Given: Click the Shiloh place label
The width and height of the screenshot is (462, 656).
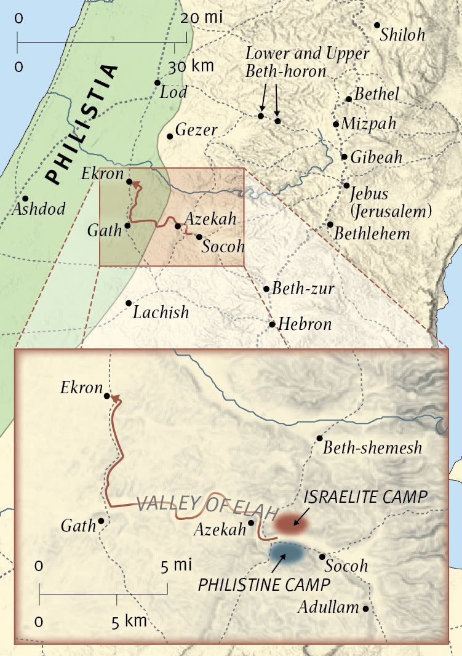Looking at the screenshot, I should click(x=402, y=34).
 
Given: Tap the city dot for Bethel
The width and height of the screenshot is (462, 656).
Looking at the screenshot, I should click(x=349, y=99).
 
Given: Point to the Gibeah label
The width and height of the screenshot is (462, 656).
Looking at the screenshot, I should click(x=376, y=158).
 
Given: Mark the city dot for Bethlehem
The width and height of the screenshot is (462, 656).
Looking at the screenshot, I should click(x=330, y=225).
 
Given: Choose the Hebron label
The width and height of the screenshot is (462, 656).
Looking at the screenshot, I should click(x=305, y=324).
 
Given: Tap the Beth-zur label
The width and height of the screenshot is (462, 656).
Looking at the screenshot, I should click(x=303, y=289).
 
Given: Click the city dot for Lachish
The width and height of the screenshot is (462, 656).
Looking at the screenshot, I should click(x=129, y=303).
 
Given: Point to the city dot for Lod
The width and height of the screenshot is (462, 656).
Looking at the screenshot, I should click(x=157, y=82).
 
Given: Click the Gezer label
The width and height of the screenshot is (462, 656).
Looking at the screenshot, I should click(x=196, y=130).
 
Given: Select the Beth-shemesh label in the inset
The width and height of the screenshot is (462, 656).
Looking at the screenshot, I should click(x=373, y=447).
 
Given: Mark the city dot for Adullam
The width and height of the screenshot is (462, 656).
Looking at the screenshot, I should click(x=365, y=609).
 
